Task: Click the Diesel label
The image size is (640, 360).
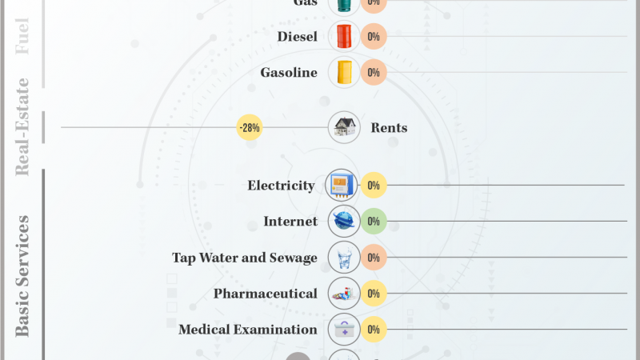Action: tap(298, 37)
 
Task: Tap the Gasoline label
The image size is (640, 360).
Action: tap(289, 73)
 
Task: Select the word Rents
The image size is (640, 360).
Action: tap(389, 128)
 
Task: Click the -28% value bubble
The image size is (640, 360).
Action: tap(249, 127)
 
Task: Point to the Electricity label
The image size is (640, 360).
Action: tap(282, 186)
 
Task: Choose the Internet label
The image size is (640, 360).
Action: tap(290, 222)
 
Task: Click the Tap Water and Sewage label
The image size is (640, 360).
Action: tap(245, 258)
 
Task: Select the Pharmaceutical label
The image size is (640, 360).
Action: tap(266, 294)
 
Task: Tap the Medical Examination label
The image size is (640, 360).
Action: tap(248, 330)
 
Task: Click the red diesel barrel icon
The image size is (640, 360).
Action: tap(344, 37)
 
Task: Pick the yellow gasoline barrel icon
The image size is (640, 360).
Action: tap(344, 73)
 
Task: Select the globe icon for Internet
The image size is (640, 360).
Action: tap(344, 222)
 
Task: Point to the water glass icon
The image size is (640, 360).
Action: tap(344, 258)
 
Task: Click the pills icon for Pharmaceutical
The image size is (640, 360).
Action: tap(344, 294)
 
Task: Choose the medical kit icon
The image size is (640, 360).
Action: tap(344, 330)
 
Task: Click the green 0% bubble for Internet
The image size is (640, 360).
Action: tap(374, 222)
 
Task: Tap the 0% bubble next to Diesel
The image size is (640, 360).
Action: tap(374, 37)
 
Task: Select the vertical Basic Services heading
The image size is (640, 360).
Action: tap(22, 275)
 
